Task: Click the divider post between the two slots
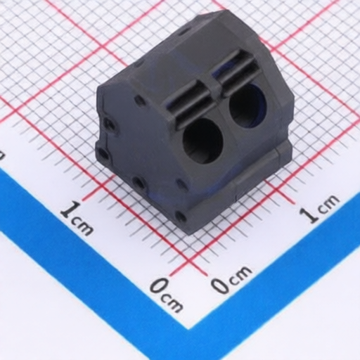tap(214, 87)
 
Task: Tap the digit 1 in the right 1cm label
tap(310, 214)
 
